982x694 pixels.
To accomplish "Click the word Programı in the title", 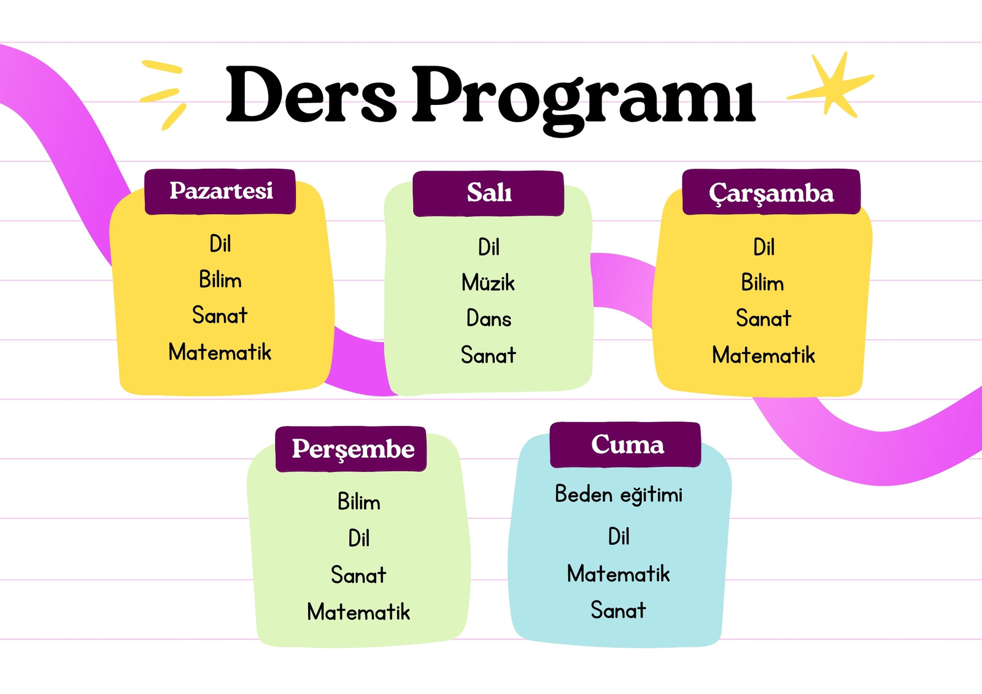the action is point(584,101).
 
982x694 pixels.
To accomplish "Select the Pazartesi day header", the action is point(220,191).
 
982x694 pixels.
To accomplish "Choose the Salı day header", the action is point(489,193).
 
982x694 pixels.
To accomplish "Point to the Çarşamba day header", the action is point(771,191).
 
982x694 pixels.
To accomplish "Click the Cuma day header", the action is point(625,444).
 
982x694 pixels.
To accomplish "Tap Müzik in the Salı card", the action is point(488,282).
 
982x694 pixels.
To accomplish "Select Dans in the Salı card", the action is point(489,318).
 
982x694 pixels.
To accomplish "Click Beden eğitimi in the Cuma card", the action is point(619,495).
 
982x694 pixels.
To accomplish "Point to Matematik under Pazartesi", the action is point(220,352).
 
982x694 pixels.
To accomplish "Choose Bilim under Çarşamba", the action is point(762,282).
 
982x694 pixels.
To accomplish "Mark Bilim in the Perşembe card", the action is point(358,501).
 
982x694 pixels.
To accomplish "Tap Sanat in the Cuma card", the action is point(618,610).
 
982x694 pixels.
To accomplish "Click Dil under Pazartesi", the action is point(220,244).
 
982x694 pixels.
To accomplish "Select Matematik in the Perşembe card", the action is point(358,612).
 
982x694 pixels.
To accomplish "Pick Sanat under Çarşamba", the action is point(764,318).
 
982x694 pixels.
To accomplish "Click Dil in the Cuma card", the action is point(619,536).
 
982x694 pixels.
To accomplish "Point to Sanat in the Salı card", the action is point(489,355).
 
